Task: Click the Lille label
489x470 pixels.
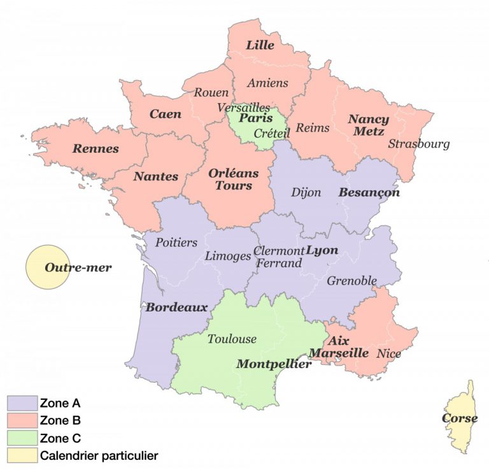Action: pyautogui.click(x=260, y=45)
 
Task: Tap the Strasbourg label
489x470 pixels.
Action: pyautogui.click(x=419, y=144)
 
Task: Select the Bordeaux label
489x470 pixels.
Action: pyautogui.click(x=177, y=308)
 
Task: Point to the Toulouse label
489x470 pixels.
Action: pyautogui.click(x=232, y=339)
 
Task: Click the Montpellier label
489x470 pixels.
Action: pyautogui.click(x=274, y=364)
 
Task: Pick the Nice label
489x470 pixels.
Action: pyautogui.click(x=388, y=353)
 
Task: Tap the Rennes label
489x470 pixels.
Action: pyautogui.click(x=96, y=149)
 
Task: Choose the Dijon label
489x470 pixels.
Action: pyautogui.click(x=306, y=192)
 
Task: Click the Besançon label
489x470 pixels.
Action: pyautogui.click(x=369, y=192)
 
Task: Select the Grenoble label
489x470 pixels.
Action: pyautogui.click(x=351, y=280)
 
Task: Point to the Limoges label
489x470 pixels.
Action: pyautogui.click(x=228, y=256)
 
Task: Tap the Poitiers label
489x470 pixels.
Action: pyautogui.click(x=176, y=243)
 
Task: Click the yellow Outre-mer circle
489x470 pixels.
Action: pyautogui.click(x=48, y=267)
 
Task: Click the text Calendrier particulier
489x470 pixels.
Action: pyautogui.click(x=98, y=455)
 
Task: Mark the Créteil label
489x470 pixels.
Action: pyautogui.click(x=272, y=134)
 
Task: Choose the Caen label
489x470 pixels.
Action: pyautogui.click(x=166, y=115)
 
